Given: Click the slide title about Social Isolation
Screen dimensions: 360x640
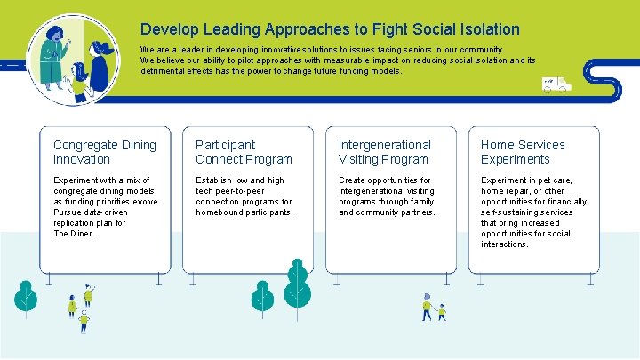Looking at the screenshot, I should click(330, 29).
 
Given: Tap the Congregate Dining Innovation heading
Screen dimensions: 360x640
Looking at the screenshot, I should click(104, 152).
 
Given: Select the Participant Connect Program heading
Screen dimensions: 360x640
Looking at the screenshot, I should click(244, 152).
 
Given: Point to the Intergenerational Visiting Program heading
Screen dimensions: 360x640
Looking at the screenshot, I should click(384, 152).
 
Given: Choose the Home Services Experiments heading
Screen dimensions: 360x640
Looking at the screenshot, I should click(523, 152).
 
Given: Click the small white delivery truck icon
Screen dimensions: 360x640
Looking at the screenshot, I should click(556, 84).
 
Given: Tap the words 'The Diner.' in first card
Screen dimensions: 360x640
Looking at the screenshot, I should click(73, 234).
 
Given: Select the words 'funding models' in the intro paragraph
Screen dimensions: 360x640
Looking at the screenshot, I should click(371, 71).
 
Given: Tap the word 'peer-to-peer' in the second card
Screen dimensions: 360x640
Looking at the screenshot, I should click(244, 191).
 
